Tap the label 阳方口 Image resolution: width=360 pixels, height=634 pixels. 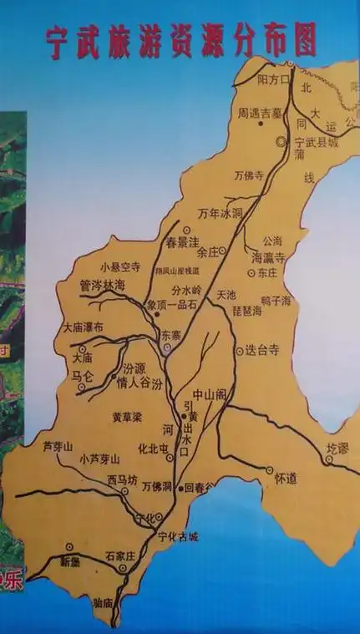click(x=272, y=80)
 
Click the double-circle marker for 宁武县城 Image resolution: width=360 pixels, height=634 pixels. click(x=281, y=142)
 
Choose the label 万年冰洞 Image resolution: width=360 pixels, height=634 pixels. click(x=219, y=214)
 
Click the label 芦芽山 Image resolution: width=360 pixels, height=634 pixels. click(x=58, y=448)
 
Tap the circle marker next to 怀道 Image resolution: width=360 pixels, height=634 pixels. click(x=270, y=471)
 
